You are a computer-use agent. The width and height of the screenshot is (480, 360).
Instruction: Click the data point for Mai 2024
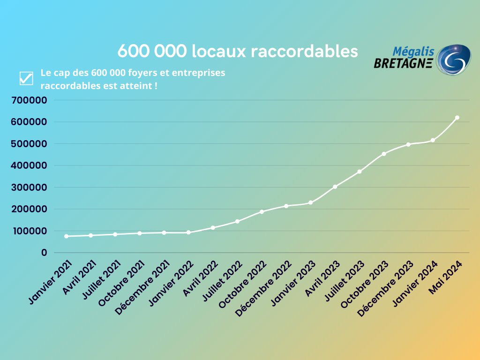pos(457,118)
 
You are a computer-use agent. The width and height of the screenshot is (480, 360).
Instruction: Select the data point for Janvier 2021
pos(66,236)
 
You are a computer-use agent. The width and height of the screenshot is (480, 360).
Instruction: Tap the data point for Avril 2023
pos(335,187)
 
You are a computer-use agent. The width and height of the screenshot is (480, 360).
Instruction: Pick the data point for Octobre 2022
pos(262,212)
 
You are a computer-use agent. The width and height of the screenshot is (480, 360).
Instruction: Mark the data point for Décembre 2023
pos(408,144)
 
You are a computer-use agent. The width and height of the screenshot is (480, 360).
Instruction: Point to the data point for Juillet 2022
pos(237,221)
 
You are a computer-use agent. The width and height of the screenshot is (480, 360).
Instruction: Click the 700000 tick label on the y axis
pos(30,100)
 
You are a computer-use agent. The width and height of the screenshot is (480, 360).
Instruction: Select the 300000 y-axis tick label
pos(30,187)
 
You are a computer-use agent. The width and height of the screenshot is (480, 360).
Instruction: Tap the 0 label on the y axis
pos(44,253)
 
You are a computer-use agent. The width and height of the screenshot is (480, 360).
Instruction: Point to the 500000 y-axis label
pos(30,144)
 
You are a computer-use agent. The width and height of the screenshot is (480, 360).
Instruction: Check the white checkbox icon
pos(26,79)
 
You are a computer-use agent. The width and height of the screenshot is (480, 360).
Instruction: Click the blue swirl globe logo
pos(453,60)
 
